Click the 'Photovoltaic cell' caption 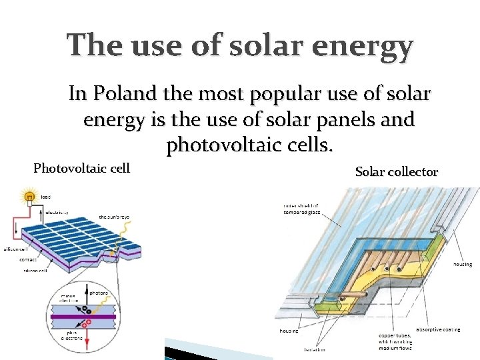coord(81,167)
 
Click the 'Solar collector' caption coord(397,172)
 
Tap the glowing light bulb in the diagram coord(29,197)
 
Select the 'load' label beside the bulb coord(45,197)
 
